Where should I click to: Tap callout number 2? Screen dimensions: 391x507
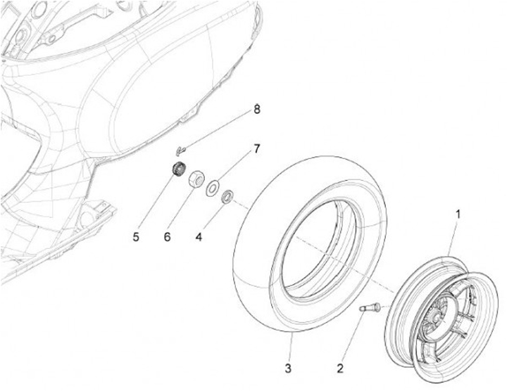pyautogui.click(x=340, y=367)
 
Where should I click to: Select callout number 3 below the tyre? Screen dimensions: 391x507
pyautogui.click(x=287, y=368)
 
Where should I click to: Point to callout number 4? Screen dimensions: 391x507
pyautogui.click(x=199, y=238)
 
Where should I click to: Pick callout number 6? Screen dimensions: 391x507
pyautogui.click(x=167, y=238)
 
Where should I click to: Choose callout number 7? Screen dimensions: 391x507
pyautogui.click(x=257, y=149)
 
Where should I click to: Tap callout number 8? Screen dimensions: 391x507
pyautogui.click(x=257, y=109)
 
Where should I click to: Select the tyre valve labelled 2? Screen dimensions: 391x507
pyautogui.click(x=370, y=307)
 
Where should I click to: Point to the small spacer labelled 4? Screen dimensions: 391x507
pyautogui.click(x=228, y=195)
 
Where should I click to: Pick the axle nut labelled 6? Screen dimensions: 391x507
pyautogui.click(x=196, y=177)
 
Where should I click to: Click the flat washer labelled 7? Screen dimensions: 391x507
pyautogui.click(x=211, y=188)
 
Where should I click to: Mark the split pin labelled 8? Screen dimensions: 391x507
pyautogui.click(x=180, y=148)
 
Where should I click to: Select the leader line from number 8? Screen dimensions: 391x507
pyautogui.click(x=218, y=129)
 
